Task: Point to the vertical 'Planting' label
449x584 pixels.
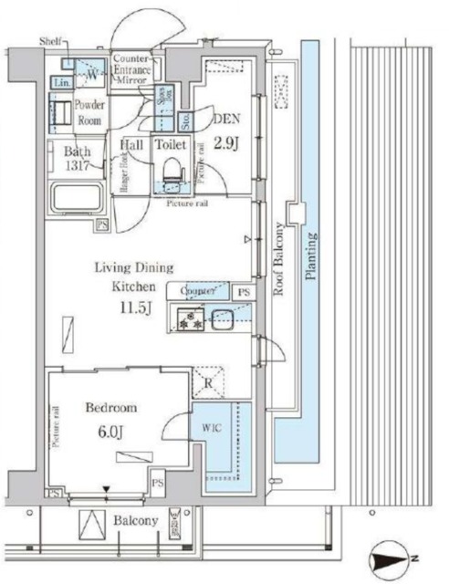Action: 311,260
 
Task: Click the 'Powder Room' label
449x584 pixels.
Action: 89,111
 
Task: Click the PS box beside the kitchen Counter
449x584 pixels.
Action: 242,292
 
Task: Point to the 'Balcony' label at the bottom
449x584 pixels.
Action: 136,521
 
